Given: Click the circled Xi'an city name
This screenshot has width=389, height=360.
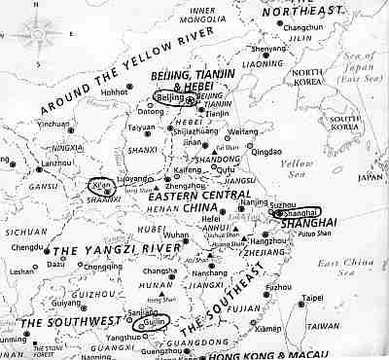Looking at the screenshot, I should [x=101, y=183].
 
